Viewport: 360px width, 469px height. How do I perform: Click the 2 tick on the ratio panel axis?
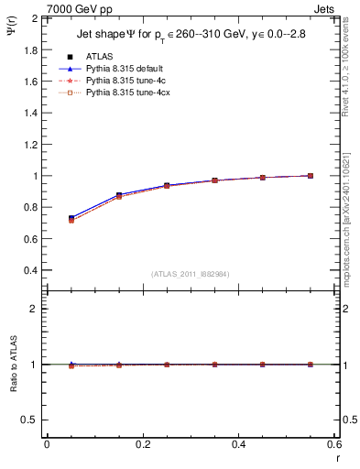pyautogui.click(x=33, y=310)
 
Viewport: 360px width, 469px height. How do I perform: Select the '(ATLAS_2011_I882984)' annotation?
pyautogui.click(x=190, y=274)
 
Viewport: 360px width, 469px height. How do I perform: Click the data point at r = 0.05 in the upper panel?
pyautogui.click(x=71, y=218)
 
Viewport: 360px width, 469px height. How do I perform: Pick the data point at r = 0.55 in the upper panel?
pyautogui.click(x=311, y=176)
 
